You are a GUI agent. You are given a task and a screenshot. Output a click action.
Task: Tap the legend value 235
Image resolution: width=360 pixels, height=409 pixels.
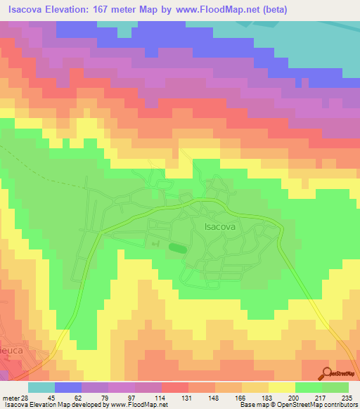(346, 397)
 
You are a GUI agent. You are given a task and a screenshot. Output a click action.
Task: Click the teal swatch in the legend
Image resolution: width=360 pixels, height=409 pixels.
(41, 387)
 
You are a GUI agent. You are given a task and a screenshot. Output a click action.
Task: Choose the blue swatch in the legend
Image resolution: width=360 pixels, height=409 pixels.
(67, 387)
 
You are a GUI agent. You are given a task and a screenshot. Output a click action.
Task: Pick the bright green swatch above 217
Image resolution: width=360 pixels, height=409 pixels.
(310, 387)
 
